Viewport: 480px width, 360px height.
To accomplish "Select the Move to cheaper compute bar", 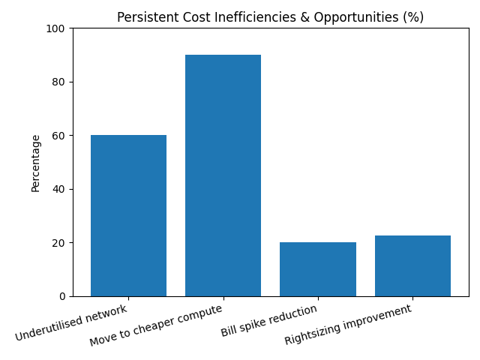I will [223, 175].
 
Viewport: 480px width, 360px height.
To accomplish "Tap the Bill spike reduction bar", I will [317, 269].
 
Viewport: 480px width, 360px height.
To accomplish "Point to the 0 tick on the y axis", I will [63, 296].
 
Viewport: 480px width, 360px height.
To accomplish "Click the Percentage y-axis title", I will [36, 163].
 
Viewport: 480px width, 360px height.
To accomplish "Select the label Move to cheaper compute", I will [156, 325].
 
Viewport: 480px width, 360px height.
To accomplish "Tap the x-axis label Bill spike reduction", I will [269, 320].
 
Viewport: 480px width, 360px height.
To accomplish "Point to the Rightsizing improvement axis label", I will [349, 325].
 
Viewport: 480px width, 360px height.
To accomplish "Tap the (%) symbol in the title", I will [413, 17].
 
